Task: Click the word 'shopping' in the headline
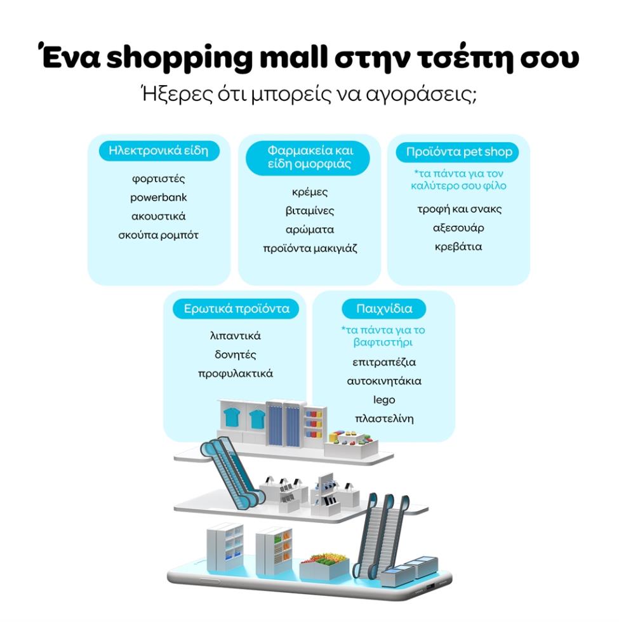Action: coord(179,58)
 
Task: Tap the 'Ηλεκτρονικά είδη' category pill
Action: coord(159,151)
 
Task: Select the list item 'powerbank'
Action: coord(158,197)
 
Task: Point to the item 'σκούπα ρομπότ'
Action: coord(158,235)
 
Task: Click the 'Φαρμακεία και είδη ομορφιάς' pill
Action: coord(308,157)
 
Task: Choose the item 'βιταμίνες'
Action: coord(310,211)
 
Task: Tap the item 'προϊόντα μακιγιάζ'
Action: coord(310,248)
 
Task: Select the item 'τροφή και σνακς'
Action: coord(459,209)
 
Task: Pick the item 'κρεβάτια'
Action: coord(458,247)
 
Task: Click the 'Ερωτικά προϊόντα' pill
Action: coord(236,308)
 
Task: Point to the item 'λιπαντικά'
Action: coord(236,336)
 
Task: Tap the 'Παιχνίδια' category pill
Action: coord(384,308)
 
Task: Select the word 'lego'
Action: coord(384,400)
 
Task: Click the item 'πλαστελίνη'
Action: coord(384,419)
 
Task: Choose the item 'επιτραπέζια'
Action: coord(384,362)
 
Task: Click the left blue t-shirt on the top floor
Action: coord(232,418)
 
